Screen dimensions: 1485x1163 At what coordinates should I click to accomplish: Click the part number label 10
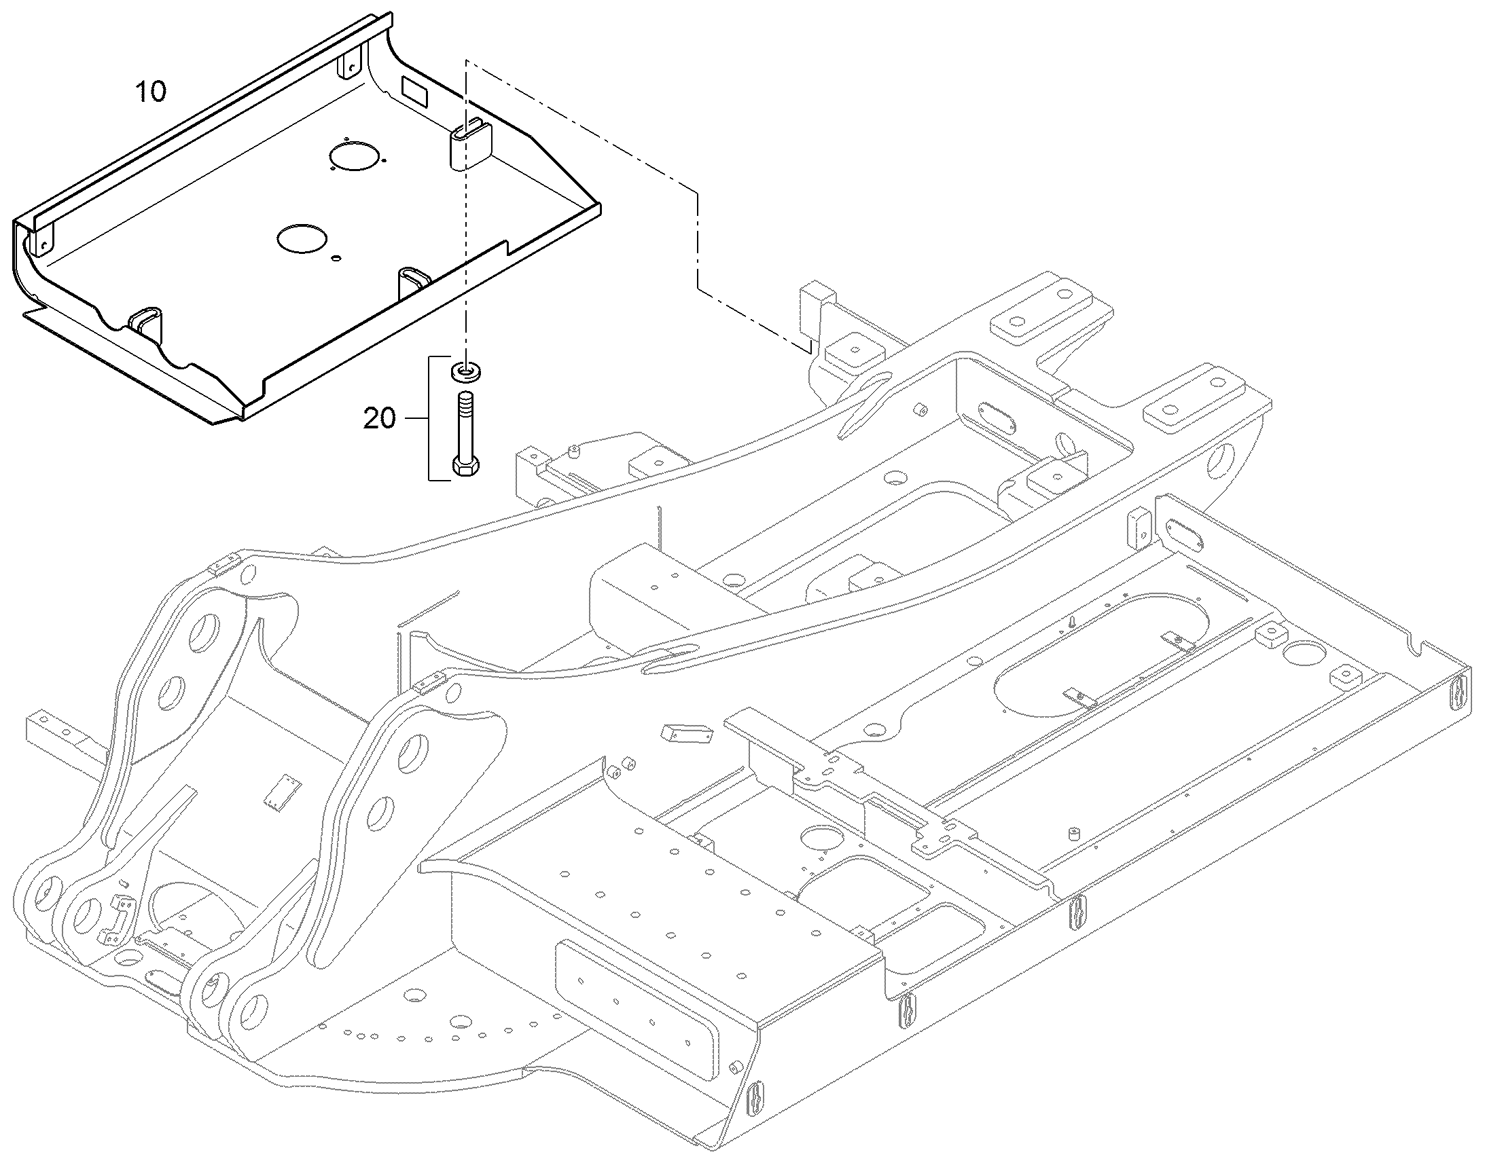click(x=151, y=91)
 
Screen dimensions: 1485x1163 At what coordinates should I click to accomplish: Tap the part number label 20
click(x=380, y=418)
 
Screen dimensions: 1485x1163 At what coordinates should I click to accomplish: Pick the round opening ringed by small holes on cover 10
click(x=353, y=156)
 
